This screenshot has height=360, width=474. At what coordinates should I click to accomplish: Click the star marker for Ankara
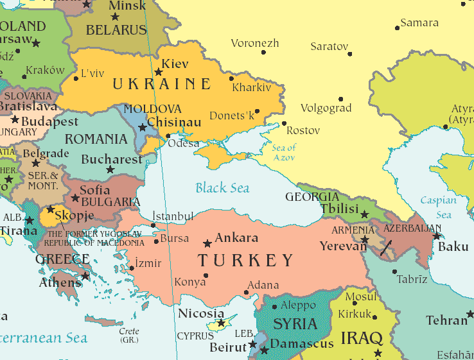click(207, 244)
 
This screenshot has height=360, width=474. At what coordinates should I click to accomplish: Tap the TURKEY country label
click(245, 261)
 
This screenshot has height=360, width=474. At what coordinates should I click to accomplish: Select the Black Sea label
click(222, 188)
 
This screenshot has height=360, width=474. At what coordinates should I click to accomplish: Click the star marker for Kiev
click(159, 72)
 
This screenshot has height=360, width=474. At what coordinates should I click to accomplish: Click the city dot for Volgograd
click(341, 99)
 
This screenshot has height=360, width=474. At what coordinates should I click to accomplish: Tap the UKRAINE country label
click(161, 84)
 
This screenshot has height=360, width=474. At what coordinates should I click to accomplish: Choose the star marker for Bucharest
click(110, 170)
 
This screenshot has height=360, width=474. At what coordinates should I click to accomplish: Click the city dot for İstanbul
click(153, 225)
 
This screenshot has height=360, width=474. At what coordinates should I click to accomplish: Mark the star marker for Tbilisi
click(365, 214)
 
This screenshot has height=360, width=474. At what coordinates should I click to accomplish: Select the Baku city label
click(453, 246)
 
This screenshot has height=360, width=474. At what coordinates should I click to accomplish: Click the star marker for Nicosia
click(221, 323)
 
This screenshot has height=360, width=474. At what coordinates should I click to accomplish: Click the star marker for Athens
click(85, 277)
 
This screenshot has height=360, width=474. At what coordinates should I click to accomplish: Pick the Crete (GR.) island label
click(129, 336)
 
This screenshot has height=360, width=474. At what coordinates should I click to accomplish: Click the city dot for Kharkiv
click(231, 78)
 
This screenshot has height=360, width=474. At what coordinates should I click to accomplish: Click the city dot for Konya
click(206, 276)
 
